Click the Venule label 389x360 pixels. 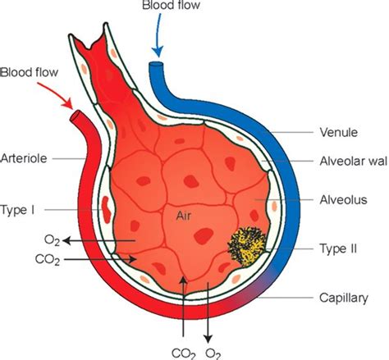pyautogui.click(x=339, y=133)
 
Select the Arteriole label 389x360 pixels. pyautogui.click(x=24, y=158)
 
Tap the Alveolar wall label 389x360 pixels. pyautogui.click(x=354, y=161)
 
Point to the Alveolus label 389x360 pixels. pyautogui.click(x=343, y=200)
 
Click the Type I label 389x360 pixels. pyautogui.click(x=17, y=210)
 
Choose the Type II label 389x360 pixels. pyautogui.click(x=338, y=248)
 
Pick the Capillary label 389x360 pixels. pyautogui.click(x=344, y=298)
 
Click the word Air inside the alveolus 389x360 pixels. pyautogui.click(x=184, y=216)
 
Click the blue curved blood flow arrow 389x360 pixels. pyautogui.click(x=158, y=35)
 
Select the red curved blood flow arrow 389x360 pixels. pyautogui.click(x=57, y=95)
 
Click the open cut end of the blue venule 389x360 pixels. pyautogui.click(x=156, y=66)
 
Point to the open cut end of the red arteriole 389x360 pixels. pyautogui.click(x=76, y=116)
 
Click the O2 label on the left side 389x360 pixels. pyautogui.click(x=52, y=240)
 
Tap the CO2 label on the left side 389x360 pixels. pyautogui.click(x=48, y=259)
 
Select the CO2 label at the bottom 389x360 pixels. pyautogui.click(x=184, y=353)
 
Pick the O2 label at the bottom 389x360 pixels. pyautogui.click(x=213, y=353)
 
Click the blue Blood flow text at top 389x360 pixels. pyautogui.click(x=171, y=5)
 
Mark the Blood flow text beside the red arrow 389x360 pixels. pyautogui.click(x=30, y=72)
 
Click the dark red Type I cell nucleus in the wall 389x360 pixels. pyautogui.click(x=106, y=209)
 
